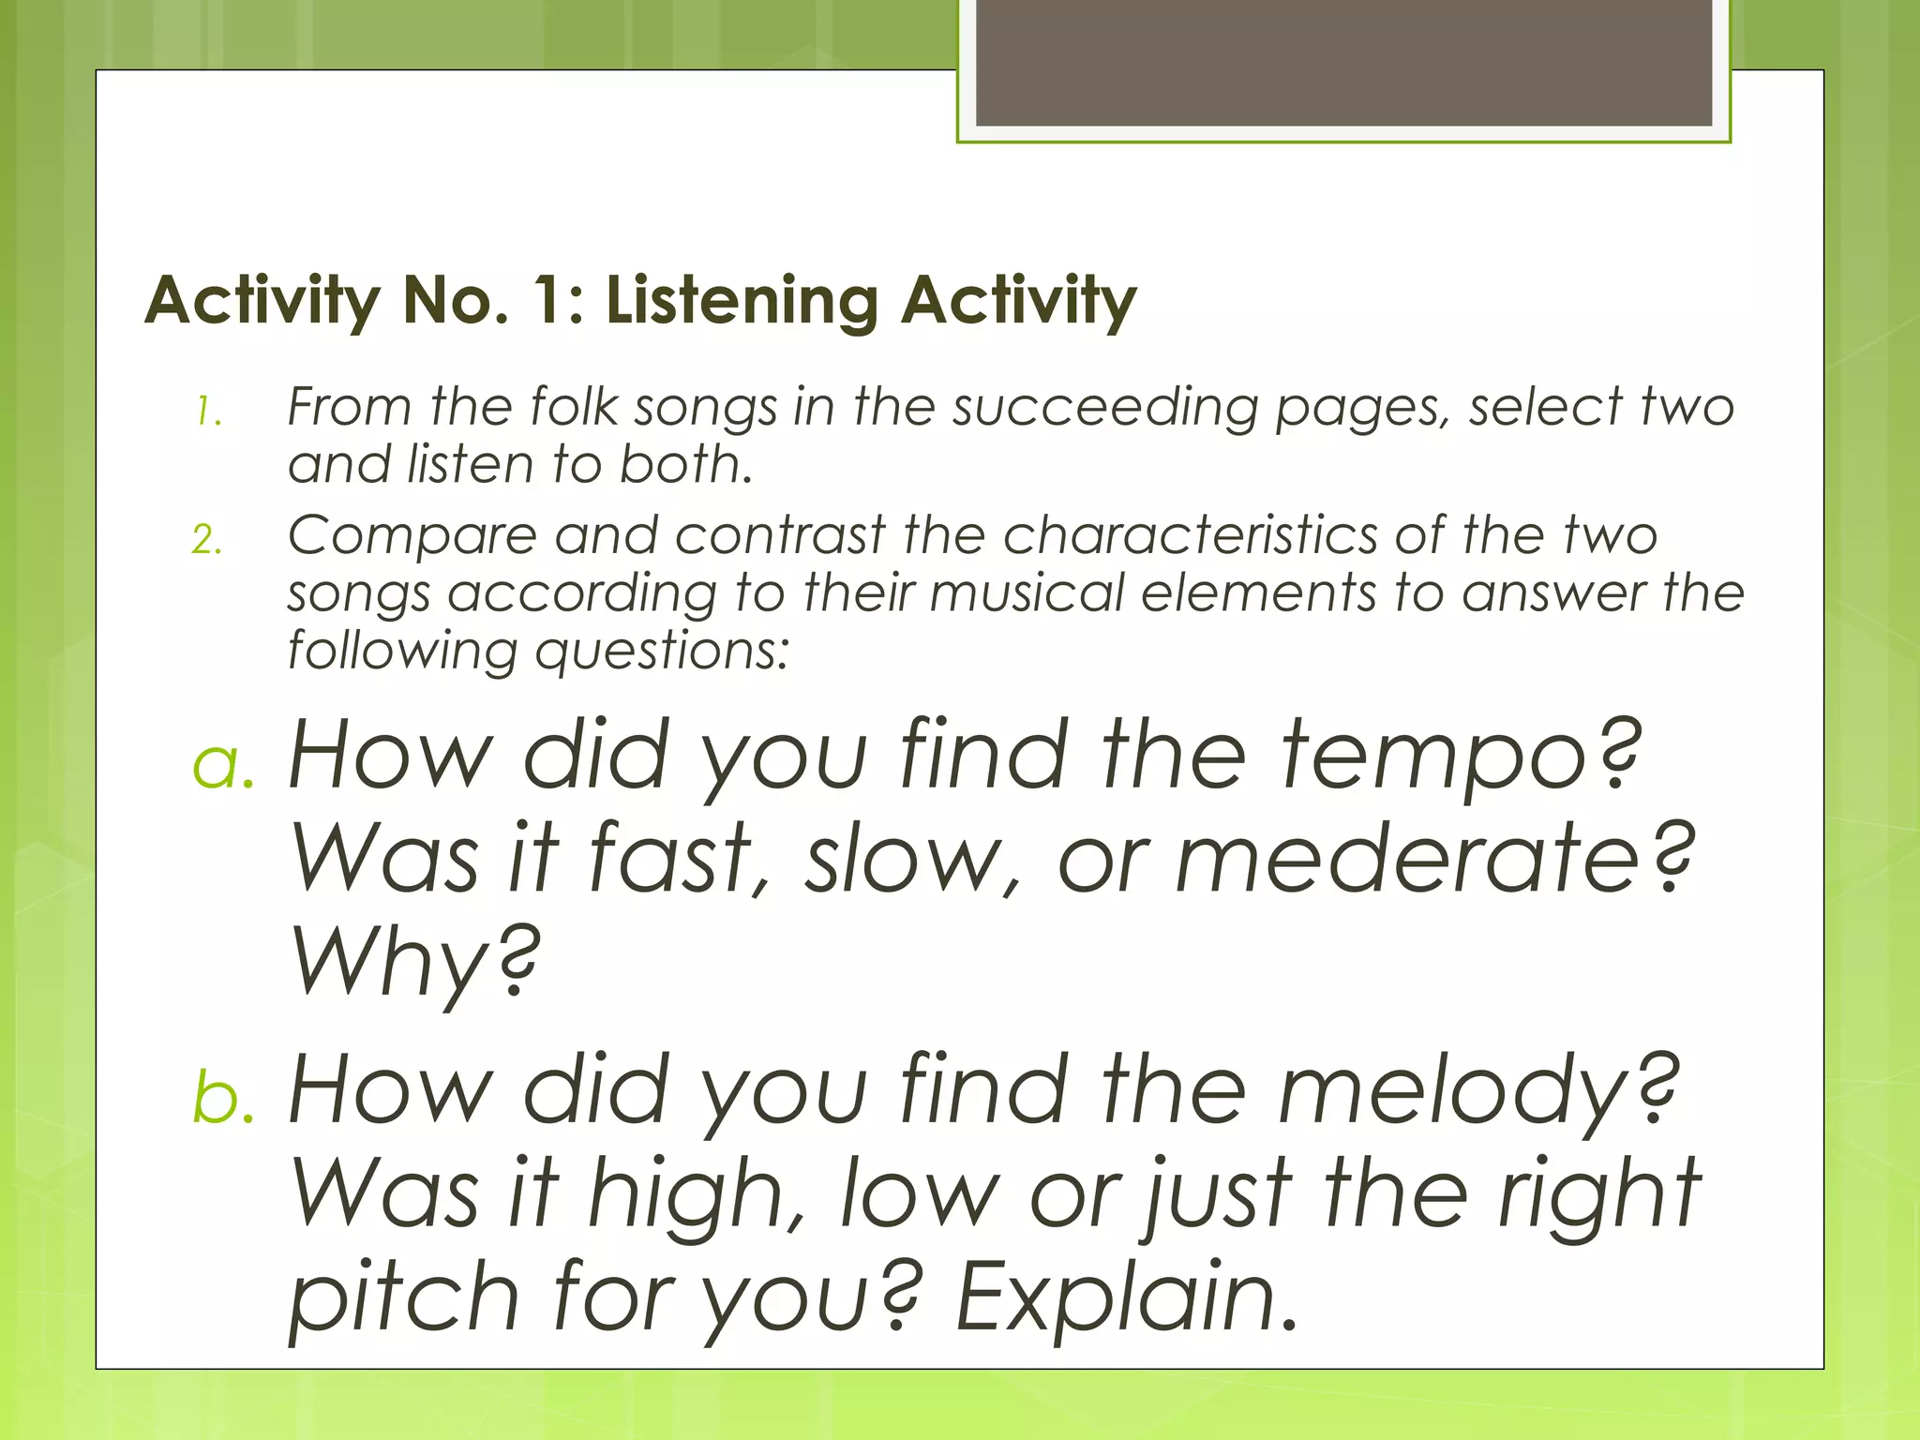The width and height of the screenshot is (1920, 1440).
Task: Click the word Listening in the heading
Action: click(x=741, y=302)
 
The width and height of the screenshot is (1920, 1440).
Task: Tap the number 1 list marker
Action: click(x=208, y=412)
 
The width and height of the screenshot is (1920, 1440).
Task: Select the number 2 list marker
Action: click(x=207, y=540)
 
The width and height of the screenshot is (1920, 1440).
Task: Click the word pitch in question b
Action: click(x=403, y=1299)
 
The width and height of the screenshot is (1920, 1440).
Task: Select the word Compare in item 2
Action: click(x=412, y=536)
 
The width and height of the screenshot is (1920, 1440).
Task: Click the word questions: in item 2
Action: click(x=662, y=651)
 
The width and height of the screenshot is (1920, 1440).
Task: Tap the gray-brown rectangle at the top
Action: click(x=1343, y=62)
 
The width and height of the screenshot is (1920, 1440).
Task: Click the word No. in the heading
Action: click(x=456, y=302)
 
